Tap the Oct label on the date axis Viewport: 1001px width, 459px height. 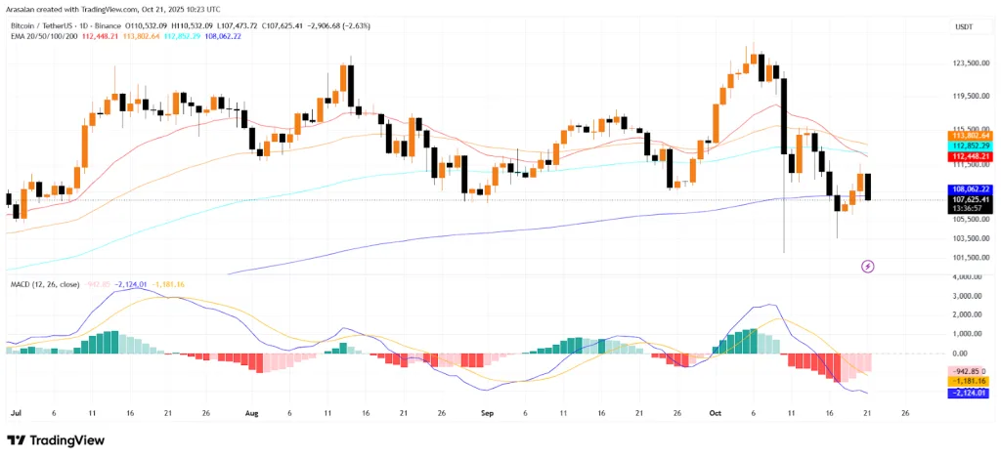[x=715, y=413]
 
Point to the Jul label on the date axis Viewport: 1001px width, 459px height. [x=16, y=413]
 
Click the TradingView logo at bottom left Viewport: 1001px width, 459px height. [x=61, y=440]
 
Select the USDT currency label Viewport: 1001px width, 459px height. [x=964, y=27]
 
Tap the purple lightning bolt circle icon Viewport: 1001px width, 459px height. [x=867, y=266]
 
